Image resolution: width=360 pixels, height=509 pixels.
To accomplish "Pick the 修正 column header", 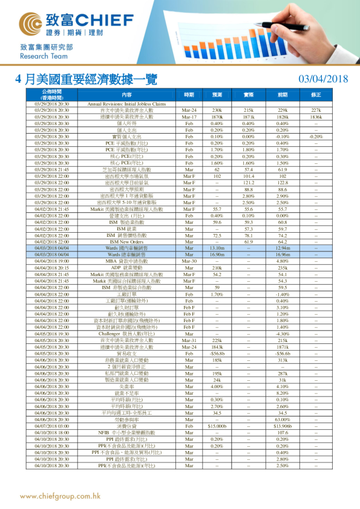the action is (316, 95).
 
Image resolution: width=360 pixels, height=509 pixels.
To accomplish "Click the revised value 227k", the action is (316, 110).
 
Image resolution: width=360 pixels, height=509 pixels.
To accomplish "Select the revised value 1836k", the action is (316, 116).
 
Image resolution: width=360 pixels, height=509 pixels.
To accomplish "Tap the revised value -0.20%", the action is (316, 137).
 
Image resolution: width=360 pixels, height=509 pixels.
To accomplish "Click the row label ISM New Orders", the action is (126, 242).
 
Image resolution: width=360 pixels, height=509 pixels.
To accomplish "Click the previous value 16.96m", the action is (282, 254).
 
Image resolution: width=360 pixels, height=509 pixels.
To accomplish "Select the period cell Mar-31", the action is (189, 340).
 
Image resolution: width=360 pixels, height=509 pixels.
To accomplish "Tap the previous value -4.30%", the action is (282, 334).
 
